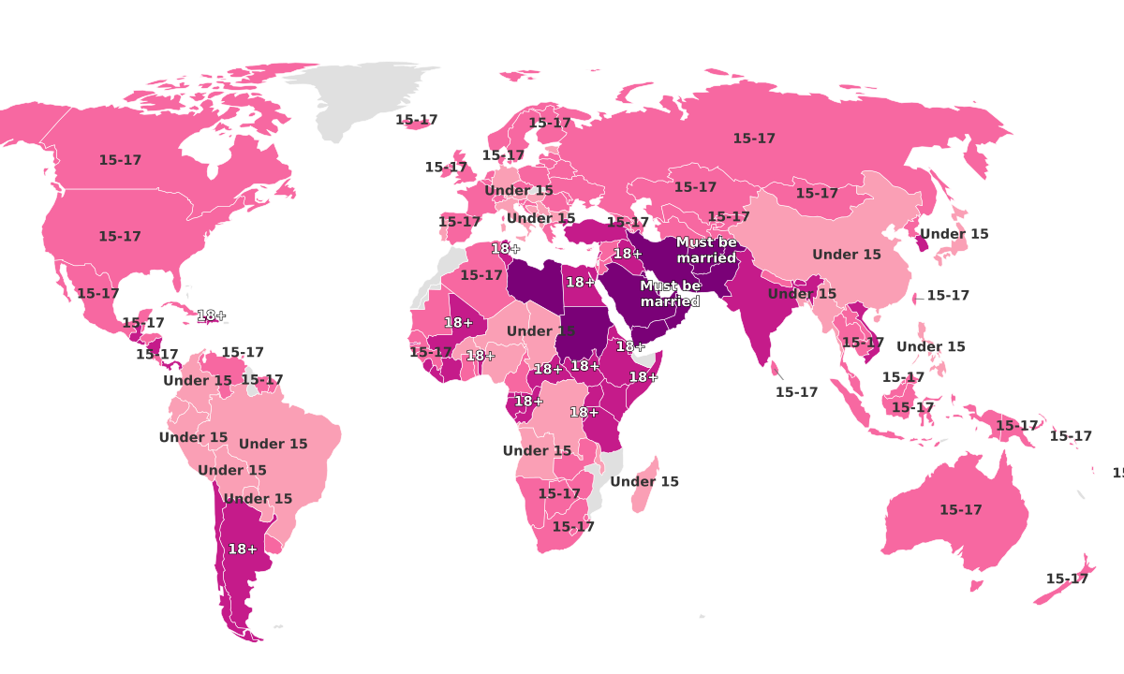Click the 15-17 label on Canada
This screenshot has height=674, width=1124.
tap(120, 160)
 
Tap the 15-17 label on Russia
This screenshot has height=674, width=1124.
tap(754, 139)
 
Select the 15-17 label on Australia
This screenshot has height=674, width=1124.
tap(960, 510)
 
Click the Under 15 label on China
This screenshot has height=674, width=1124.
tap(846, 255)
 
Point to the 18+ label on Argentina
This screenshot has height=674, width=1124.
tap(243, 549)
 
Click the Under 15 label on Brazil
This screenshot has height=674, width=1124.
tap(273, 444)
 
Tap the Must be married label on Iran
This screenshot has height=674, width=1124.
tap(706, 250)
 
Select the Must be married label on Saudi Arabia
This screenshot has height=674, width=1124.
tap(670, 294)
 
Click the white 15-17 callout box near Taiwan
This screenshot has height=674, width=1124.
tap(947, 295)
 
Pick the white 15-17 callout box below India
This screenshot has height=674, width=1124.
tap(796, 392)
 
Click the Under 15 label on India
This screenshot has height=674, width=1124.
tap(802, 294)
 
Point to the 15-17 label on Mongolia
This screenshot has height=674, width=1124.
tap(817, 194)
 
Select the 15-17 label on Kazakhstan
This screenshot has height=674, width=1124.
tap(695, 187)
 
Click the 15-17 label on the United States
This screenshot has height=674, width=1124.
tap(120, 237)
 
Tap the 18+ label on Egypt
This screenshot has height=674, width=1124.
tap(580, 282)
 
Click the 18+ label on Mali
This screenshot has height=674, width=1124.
tap(459, 323)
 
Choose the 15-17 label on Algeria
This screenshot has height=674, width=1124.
tap(481, 275)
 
